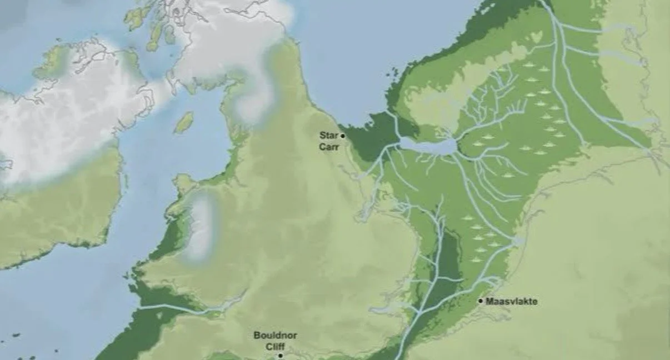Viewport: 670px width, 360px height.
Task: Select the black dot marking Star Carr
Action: point(343,136)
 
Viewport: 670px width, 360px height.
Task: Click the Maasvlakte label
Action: point(512,302)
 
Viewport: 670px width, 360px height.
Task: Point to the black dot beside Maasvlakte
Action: point(481,301)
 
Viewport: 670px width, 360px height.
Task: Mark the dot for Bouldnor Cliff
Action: point(281,355)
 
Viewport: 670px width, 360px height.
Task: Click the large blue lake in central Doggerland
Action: point(428,147)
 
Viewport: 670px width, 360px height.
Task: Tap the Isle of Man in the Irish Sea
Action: point(184,122)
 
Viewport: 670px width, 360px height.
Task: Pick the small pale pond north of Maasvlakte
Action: point(518,242)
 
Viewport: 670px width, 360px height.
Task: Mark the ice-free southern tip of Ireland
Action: point(50,222)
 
